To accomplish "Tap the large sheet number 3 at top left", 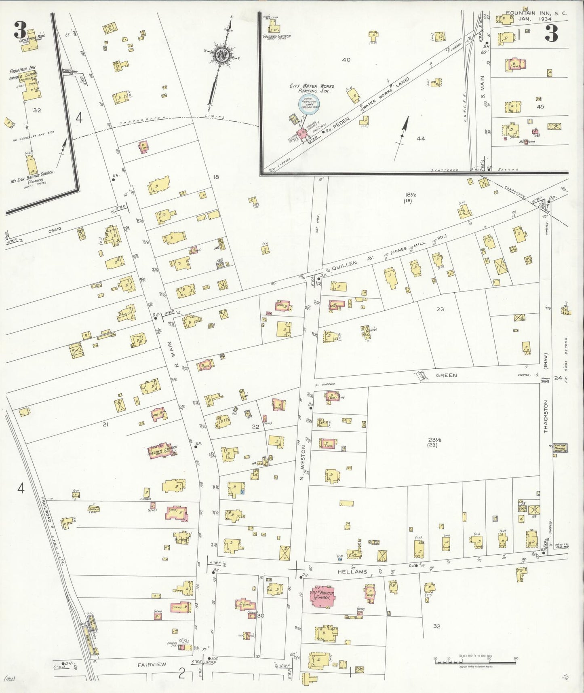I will [20, 30].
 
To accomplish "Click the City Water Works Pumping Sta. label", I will [310, 89].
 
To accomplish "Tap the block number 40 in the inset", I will [346, 60].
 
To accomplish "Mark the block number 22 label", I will [255, 427].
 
